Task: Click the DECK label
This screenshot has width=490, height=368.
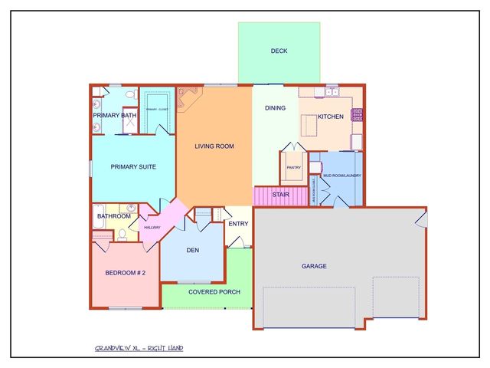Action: pos(279,52)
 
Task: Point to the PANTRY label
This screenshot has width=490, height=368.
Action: pos(293,167)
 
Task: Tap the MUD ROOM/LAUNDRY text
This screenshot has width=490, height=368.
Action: pos(341,176)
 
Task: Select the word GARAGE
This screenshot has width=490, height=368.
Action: pos(314,266)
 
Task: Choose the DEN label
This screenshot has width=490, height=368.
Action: pos(192,249)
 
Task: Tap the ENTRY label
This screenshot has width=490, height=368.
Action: pos(238,224)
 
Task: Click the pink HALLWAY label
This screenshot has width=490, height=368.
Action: pos(152,228)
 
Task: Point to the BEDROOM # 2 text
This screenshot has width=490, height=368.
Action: pos(125,273)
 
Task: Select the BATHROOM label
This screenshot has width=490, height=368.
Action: pos(113,216)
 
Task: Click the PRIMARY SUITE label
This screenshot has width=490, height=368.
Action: pos(133,166)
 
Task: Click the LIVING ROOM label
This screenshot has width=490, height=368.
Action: pos(214,146)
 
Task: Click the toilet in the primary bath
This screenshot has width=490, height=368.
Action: pos(131,94)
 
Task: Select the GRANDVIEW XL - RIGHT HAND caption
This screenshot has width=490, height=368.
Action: pos(139,349)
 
